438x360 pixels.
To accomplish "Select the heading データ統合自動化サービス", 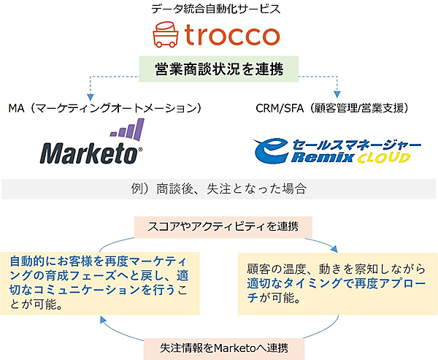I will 220,9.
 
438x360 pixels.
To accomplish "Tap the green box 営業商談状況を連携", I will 218,69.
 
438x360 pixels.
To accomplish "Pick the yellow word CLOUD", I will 380,157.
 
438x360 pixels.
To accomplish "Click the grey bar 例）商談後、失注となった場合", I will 218,188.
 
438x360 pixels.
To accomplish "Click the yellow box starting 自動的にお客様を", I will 101,281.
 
